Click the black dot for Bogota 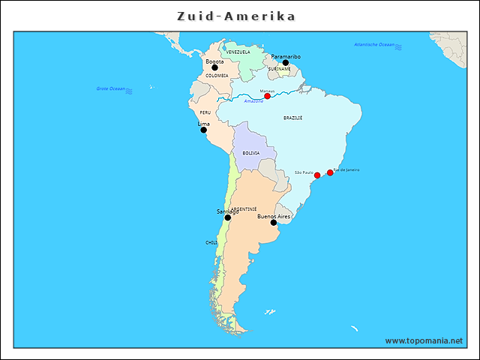[x=214, y=67]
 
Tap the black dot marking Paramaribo [x=285, y=63]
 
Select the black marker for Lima [x=203, y=130]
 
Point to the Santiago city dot [x=228, y=217]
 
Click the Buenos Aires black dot [x=274, y=223]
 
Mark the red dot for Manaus [x=267, y=97]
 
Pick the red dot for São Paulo [x=317, y=175]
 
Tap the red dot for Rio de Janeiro [x=330, y=173]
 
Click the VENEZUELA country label [x=238, y=52]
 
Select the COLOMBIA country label [x=217, y=76]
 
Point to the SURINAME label [x=279, y=69]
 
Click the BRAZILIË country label [x=293, y=118]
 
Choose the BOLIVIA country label [x=250, y=153]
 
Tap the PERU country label [x=205, y=112]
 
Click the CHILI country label [x=211, y=243]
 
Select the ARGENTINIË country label [x=244, y=209]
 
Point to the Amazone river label [x=254, y=101]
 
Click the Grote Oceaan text [x=111, y=88]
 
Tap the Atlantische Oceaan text [x=374, y=45]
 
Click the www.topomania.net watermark [x=424, y=340]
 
